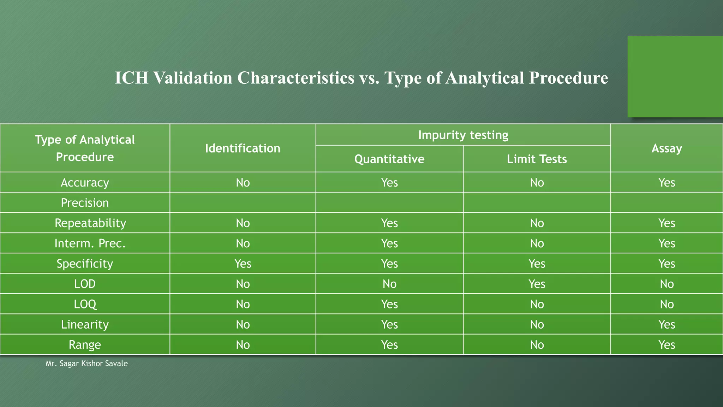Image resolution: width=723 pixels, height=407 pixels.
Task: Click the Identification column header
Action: (243, 148)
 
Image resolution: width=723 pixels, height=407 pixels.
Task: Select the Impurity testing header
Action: (463, 135)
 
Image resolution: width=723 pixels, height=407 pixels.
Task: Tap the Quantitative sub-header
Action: (389, 159)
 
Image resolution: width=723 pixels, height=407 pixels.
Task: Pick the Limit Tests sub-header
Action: (537, 159)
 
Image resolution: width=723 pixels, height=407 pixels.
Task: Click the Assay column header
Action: (667, 148)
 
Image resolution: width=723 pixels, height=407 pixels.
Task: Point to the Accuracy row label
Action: (85, 183)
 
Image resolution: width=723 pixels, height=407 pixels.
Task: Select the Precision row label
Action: (85, 203)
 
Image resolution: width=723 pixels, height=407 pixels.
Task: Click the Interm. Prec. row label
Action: (90, 243)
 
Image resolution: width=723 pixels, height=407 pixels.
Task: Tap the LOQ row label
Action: (85, 304)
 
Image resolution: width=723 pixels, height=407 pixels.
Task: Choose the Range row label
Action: (85, 345)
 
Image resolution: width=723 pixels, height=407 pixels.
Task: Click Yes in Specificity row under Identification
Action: (243, 264)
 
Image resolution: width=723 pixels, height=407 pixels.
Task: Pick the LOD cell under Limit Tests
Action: (537, 284)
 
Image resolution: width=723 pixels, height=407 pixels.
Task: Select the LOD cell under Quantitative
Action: (389, 284)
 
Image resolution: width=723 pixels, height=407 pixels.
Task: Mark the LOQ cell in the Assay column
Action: (667, 304)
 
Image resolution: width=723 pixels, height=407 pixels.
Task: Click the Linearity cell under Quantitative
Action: (389, 324)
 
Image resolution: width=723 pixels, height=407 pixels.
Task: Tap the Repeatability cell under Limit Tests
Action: (537, 223)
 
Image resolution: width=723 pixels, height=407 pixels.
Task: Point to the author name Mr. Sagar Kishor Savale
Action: (86, 364)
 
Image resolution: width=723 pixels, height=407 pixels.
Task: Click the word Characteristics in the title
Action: (295, 78)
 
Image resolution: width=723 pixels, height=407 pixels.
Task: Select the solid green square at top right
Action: (675, 77)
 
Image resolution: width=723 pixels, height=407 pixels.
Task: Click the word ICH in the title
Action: (131, 78)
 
